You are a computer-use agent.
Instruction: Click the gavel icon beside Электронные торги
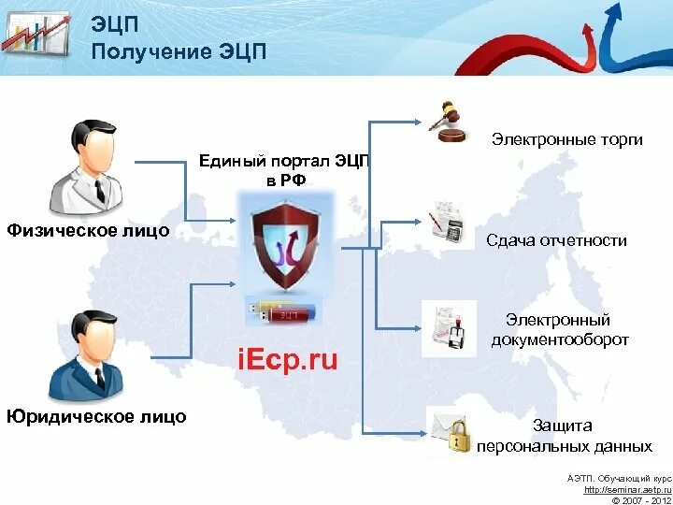point(447,122)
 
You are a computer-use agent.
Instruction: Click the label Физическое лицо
point(88,230)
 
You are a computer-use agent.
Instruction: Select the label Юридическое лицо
point(96,416)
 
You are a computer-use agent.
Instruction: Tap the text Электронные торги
point(567,140)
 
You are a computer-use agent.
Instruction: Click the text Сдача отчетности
point(556,240)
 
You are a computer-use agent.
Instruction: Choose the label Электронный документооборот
point(559,330)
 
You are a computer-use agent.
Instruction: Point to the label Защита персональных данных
point(564,436)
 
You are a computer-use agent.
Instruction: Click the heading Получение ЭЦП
point(179,51)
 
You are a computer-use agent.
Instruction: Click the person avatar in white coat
point(85,168)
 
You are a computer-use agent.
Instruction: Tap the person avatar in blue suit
point(86,355)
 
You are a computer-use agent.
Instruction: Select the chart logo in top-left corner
point(35,36)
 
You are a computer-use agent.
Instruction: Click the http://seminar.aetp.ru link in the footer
point(623,489)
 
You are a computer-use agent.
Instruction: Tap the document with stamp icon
point(449,327)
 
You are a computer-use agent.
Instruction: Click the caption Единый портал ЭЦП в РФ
point(284,171)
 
